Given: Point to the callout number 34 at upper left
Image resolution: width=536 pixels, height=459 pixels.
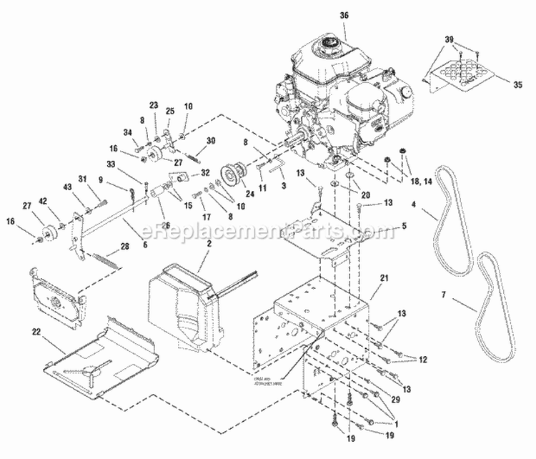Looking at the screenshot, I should click(x=128, y=132).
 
